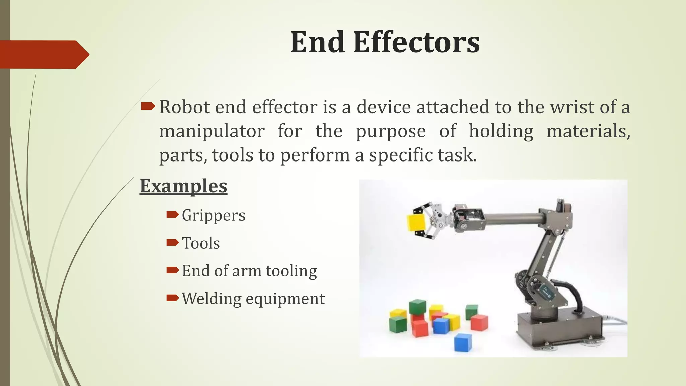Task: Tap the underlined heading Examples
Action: point(184,186)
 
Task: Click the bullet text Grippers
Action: point(213,215)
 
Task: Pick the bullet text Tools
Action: point(201,243)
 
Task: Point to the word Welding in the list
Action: point(211,299)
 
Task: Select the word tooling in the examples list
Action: point(291,271)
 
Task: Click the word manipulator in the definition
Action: point(212,131)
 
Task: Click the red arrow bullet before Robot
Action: point(148,107)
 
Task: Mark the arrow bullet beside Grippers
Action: point(173,214)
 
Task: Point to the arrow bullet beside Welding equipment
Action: point(173,298)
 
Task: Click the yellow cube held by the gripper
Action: point(416,223)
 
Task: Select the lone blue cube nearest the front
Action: point(463,342)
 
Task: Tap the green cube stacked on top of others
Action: point(417,307)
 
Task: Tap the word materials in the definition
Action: point(588,131)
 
